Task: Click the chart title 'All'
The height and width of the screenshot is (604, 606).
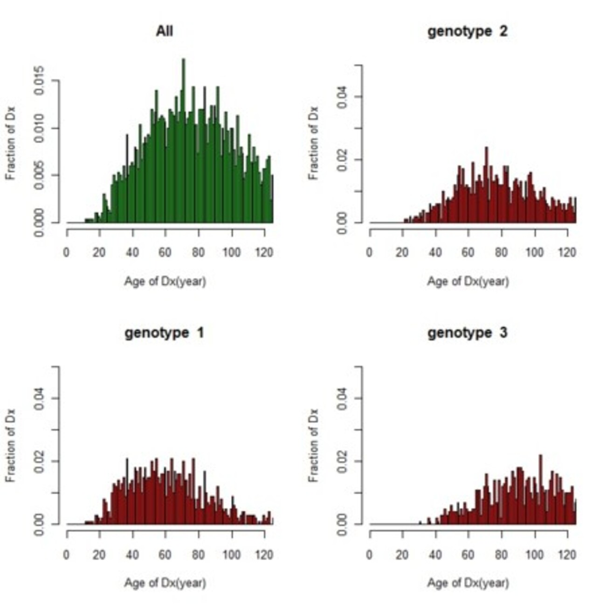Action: click(164, 32)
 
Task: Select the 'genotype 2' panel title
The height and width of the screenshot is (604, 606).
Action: click(467, 32)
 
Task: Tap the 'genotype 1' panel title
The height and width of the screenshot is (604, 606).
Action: click(164, 333)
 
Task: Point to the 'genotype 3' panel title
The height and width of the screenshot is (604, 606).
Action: click(467, 333)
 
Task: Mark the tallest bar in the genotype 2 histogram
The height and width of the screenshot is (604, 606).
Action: click(486, 186)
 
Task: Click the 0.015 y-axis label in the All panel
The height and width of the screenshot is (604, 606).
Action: click(40, 81)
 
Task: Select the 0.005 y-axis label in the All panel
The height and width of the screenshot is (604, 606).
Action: click(40, 175)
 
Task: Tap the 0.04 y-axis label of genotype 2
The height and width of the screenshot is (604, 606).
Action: click(343, 96)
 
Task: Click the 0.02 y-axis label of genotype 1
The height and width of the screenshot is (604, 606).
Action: click(40, 461)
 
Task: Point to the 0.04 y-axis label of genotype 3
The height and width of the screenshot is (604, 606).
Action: click(343, 398)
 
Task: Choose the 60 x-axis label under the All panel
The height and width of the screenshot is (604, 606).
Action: click(165, 253)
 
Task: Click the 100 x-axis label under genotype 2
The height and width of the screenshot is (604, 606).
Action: click(534, 253)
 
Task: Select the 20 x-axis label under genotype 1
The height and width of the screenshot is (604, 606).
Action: click(99, 555)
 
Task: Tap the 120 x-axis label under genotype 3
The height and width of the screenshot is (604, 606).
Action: click(567, 555)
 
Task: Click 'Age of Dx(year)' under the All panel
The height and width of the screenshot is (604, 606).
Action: click(165, 282)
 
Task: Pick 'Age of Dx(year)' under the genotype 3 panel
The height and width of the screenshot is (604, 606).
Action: click(468, 583)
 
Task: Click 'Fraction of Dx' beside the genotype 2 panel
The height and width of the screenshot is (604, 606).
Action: click(314, 143)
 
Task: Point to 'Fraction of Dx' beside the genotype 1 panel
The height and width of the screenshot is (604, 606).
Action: click(11, 445)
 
